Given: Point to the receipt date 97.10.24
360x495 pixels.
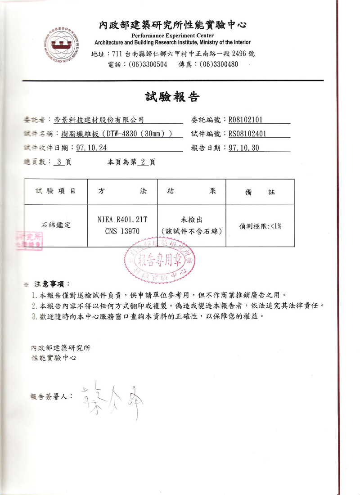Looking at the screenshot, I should coord(92,148).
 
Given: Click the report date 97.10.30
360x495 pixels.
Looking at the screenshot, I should coord(244,148).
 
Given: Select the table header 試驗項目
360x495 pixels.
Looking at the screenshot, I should coord(55,191).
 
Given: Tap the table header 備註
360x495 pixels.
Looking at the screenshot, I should coord(260,192).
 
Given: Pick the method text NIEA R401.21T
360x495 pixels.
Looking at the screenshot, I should coord(122,220).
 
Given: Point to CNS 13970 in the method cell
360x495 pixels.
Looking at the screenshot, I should coord(122,231).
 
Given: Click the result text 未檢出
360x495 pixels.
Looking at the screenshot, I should coord(192,220).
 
